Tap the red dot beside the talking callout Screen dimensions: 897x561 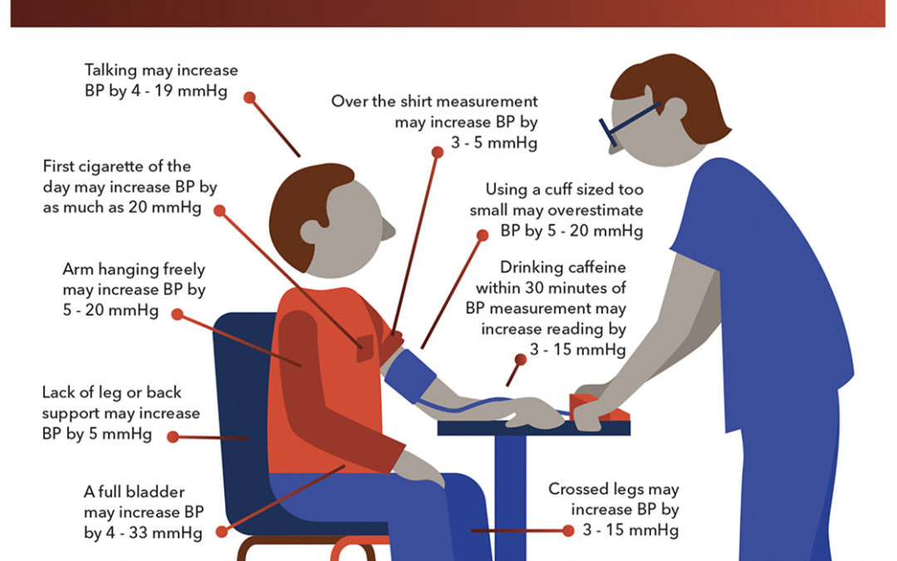pos(249,97)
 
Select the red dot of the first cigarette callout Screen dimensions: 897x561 pos(219,210)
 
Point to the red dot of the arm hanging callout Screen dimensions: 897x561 pos(178,314)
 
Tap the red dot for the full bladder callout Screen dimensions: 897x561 pos(222,532)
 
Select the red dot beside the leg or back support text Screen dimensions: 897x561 pos(173,437)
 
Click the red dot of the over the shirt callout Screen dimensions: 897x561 pos(438,152)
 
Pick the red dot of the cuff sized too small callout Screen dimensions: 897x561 pos(483,235)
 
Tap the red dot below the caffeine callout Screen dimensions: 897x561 pos(521,360)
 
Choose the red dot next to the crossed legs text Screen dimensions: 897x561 pos(568,530)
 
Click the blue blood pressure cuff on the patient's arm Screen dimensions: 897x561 pos(410,376)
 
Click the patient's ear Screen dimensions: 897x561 pos(311,230)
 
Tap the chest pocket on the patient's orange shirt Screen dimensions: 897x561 pos(365,348)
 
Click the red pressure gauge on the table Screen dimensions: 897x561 pos(598,407)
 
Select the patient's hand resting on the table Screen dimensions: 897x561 pos(535,413)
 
